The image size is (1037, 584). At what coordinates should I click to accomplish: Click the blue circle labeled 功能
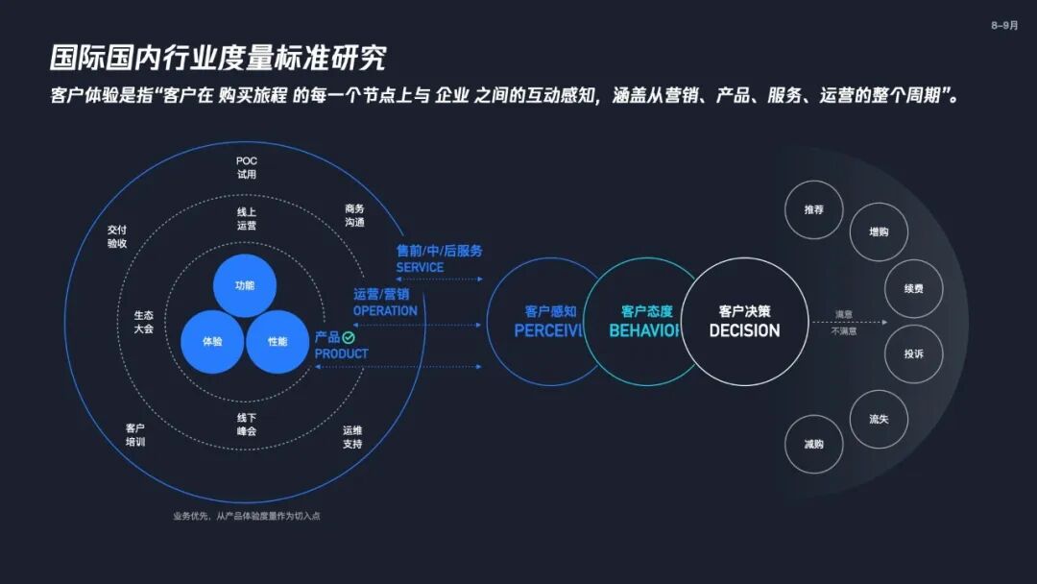[x=245, y=285]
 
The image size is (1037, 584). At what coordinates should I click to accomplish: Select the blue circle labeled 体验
[x=212, y=341]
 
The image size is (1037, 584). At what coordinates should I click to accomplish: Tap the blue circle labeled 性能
[x=277, y=341]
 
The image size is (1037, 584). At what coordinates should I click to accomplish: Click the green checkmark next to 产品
[x=349, y=338]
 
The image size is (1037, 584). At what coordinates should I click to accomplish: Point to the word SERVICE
[x=420, y=267]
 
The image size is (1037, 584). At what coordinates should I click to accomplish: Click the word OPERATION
[x=385, y=310]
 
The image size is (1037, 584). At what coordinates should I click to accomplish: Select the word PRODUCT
[x=341, y=353]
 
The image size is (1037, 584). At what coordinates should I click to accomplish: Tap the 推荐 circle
[x=813, y=209]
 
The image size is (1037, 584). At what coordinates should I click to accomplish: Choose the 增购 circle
[x=879, y=231]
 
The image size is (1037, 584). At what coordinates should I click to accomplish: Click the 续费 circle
[x=913, y=288]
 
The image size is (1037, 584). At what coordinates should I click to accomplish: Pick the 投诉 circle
[x=913, y=353]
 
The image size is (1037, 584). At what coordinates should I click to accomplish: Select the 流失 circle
[x=879, y=420]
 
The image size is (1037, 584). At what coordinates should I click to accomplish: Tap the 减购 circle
[x=813, y=444]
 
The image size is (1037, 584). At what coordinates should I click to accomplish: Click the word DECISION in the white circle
[x=744, y=330]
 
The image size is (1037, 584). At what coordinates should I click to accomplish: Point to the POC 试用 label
[x=247, y=167]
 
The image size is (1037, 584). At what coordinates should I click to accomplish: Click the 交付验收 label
[x=117, y=236]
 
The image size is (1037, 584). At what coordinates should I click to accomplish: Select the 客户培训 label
[x=134, y=434]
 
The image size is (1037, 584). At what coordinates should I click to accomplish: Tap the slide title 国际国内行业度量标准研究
[x=218, y=57]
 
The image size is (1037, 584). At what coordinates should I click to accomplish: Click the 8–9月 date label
[x=1004, y=26]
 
